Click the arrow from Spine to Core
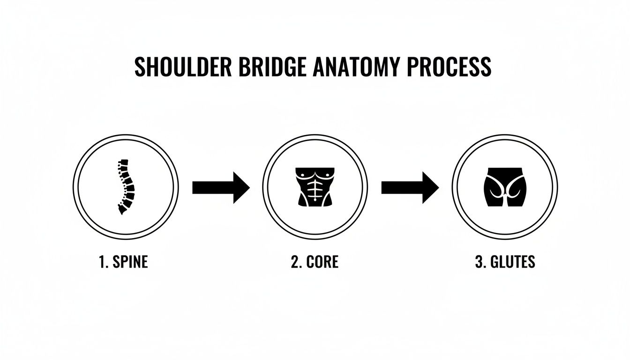tap(221, 187)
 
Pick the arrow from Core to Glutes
tap(410, 187)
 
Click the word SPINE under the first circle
tap(130, 262)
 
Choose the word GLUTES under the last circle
tap(512, 262)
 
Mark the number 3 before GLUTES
tap(479, 262)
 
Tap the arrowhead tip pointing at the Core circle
tap(248, 187)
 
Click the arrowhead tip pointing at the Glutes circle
tap(437, 187)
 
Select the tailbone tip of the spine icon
tap(120, 213)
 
